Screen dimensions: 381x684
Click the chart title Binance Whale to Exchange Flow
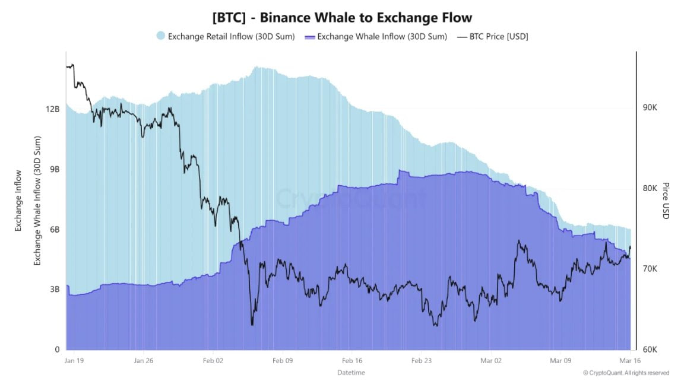[x=342, y=18]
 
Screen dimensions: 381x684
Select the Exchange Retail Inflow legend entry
[x=231, y=36]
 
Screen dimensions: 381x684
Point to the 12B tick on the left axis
[x=52, y=109]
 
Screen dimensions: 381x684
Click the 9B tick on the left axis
[x=54, y=169]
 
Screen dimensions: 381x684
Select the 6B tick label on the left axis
[x=54, y=230]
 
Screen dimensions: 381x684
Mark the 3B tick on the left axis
[x=54, y=290]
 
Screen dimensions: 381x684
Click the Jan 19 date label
[x=74, y=360]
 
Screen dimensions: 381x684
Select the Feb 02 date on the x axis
[x=213, y=360]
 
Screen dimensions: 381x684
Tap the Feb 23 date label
[x=421, y=360]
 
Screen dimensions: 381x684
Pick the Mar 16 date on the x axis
[x=629, y=360]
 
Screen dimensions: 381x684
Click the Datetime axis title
[x=351, y=373]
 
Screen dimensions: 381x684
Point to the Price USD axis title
[x=666, y=201]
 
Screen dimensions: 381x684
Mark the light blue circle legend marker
[x=160, y=36]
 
